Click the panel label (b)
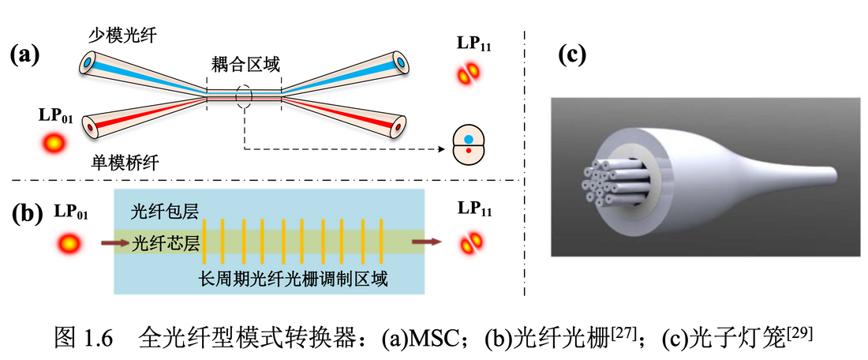pyautogui.click(x=24, y=214)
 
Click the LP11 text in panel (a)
pyautogui.click(x=474, y=43)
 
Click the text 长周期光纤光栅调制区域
pyautogui.click(x=295, y=279)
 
